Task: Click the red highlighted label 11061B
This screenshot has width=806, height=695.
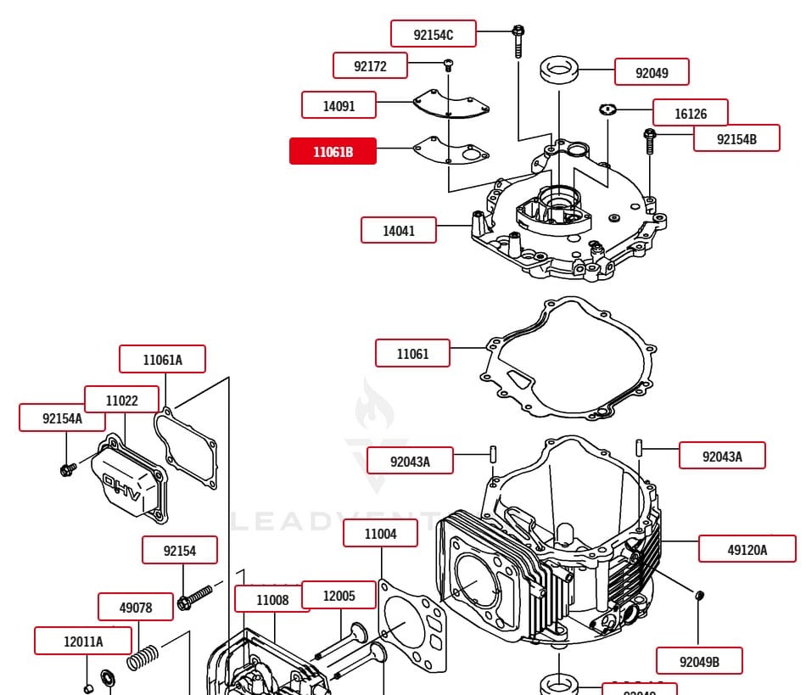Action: [x=333, y=151]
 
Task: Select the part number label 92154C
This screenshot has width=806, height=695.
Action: [x=433, y=34]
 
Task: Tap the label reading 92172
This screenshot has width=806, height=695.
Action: [x=369, y=65]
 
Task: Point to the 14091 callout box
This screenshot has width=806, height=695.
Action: [x=339, y=105]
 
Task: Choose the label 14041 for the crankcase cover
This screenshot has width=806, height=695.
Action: [x=398, y=230]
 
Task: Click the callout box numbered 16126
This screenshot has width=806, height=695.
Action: [x=690, y=113]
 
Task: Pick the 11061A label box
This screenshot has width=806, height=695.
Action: [x=162, y=359]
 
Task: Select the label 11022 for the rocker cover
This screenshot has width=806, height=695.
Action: [x=121, y=400]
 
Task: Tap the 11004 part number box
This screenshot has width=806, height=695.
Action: [x=380, y=534]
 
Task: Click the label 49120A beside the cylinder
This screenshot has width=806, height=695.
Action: [x=747, y=549]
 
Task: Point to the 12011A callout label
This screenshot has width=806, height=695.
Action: [x=83, y=641]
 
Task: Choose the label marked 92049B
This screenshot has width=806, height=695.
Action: [x=699, y=660]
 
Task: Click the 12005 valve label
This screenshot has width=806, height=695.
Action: [x=339, y=596]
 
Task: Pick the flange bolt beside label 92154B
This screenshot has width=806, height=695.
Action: [x=650, y=141]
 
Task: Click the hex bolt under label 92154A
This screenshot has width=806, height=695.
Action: [x=66, y=468]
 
